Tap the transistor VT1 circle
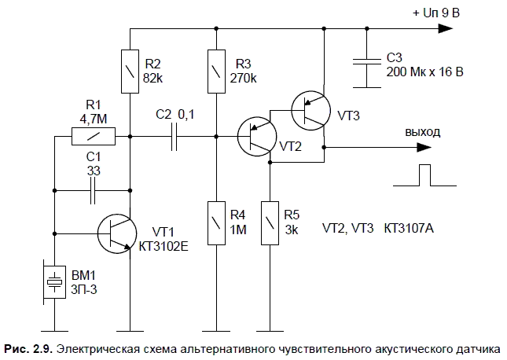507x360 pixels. coord(119,233)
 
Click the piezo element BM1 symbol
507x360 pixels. coord(54,281)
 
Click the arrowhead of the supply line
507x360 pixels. coord(445,29)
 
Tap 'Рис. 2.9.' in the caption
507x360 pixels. coord(28,347)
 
